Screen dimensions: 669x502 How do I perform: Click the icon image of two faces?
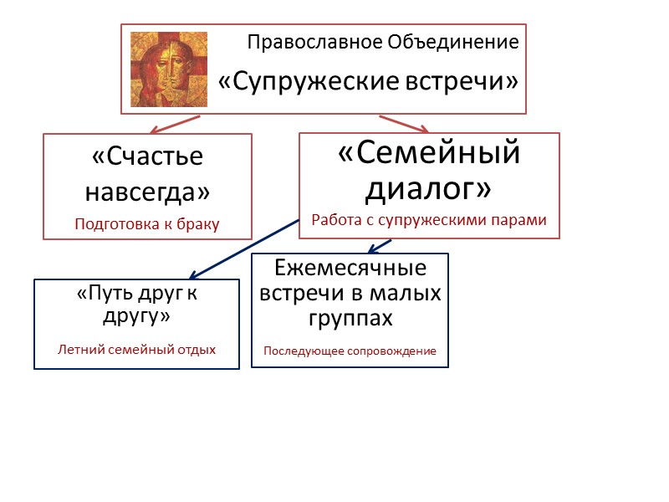point(169,69)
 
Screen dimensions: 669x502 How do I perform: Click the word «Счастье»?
point(147,159)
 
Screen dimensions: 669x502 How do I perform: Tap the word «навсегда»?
point(147,192)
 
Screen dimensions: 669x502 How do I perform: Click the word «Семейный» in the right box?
point(429,154)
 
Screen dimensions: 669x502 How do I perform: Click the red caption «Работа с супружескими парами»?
point(429,221)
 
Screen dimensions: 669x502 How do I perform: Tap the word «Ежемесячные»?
point(350,269)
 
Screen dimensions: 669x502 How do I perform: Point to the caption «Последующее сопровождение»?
point(350,351)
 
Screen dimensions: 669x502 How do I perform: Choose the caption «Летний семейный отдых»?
point(136,349)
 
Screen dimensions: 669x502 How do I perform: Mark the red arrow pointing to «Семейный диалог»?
point(405,124)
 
